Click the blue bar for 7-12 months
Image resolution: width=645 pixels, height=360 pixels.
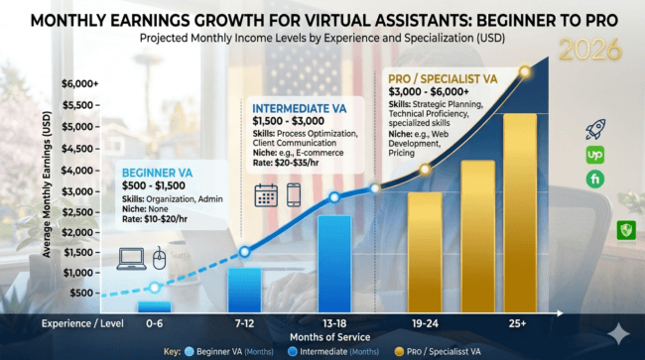pos(244,289)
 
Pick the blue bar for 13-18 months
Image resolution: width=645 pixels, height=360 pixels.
pos(333,263)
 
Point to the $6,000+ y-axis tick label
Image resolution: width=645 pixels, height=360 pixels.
pos(79,85)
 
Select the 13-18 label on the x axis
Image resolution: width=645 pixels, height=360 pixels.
pos(334,324)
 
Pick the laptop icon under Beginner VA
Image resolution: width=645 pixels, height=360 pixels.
pos(131,260)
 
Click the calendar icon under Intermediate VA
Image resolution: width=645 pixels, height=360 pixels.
pos(265,194)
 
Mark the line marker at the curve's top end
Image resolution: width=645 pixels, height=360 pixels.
pos(525,71)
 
